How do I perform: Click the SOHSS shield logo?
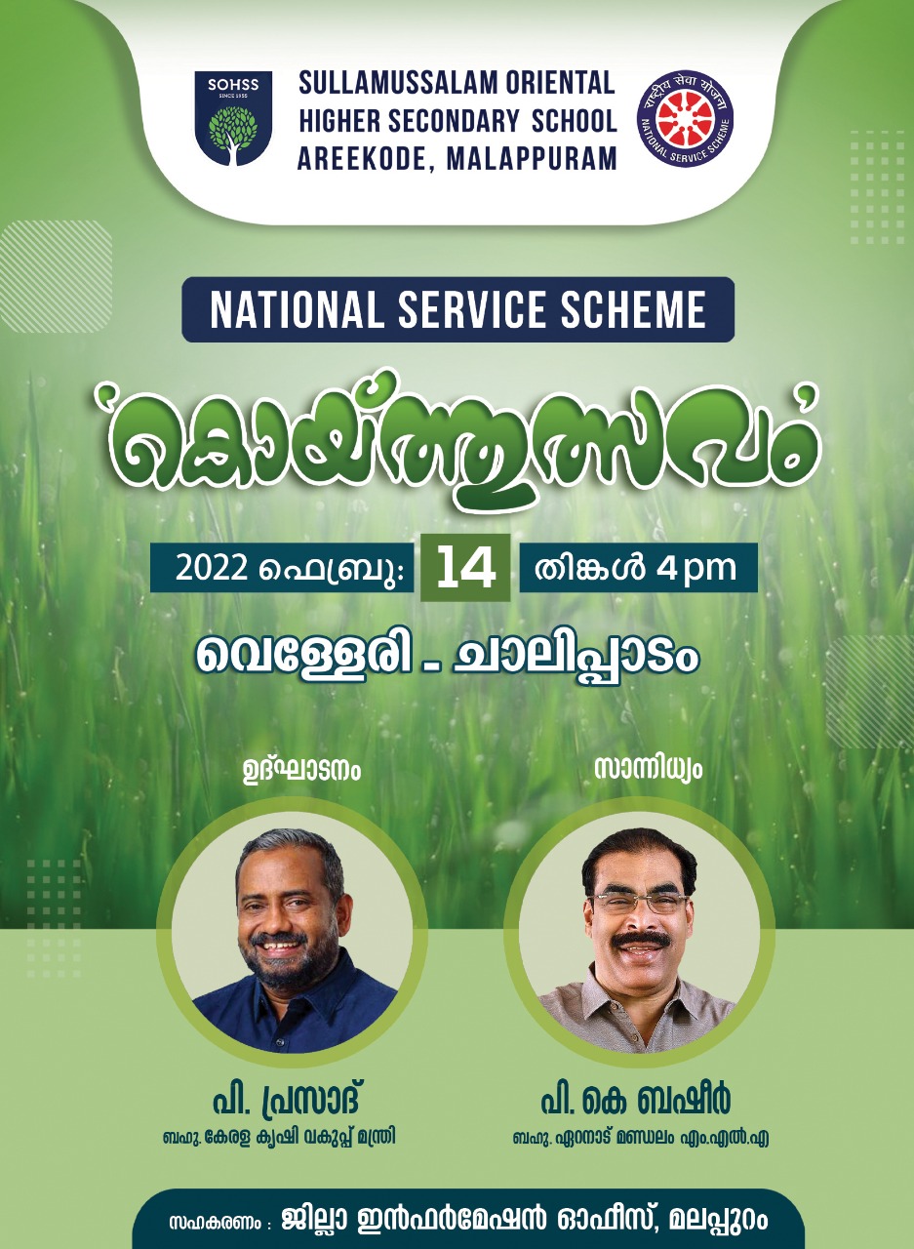(233, 118)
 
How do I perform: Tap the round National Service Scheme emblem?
(685, 118)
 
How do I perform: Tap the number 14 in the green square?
(465, 569)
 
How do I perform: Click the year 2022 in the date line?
(212, 569)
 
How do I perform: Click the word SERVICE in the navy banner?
(474, 309)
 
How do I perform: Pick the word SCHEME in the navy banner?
(633, 309)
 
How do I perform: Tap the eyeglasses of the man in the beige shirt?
(639, 902)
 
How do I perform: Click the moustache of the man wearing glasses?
(641, 940)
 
